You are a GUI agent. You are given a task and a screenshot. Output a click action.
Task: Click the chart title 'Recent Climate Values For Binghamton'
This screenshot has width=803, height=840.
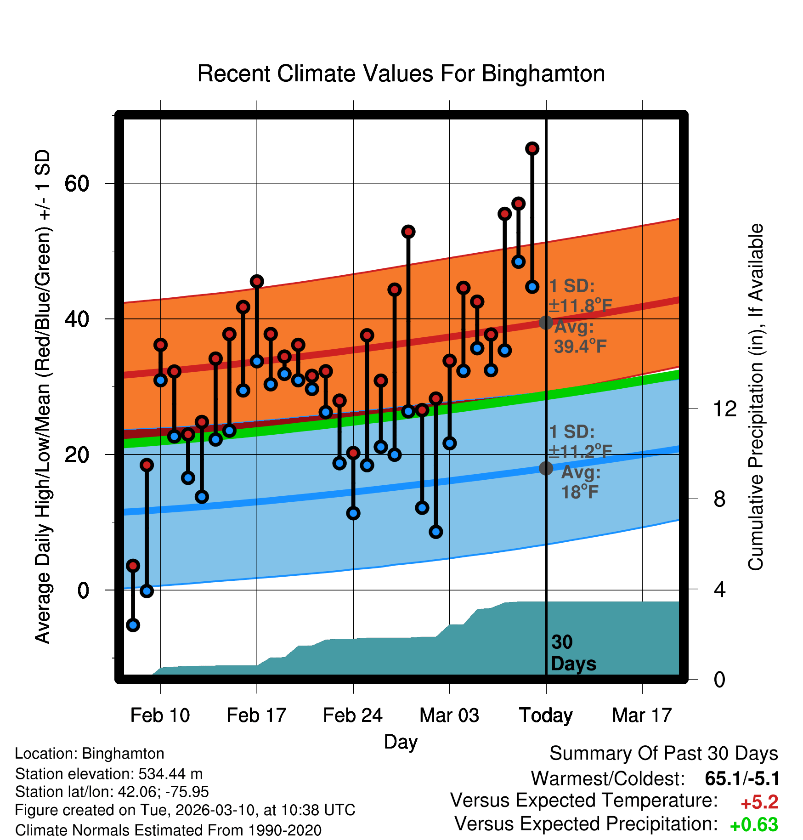pyautogui.click(x=401, y=74)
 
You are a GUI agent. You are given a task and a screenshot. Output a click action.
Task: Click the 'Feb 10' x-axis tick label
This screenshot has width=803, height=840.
pyautogui.click(x=160, y=715)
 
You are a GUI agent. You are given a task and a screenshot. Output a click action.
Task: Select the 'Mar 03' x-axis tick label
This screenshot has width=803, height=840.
pyautogui.click(x=449, y=715)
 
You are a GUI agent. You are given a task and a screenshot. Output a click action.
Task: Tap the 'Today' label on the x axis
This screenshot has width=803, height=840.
pyautogui.click(x=546, y=715)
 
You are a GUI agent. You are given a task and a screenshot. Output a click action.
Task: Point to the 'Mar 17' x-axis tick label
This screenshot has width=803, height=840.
pyautogui.click(x=642, y=715)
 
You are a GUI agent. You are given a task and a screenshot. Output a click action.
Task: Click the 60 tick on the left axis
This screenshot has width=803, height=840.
pyautogui.click(x=77, y=184)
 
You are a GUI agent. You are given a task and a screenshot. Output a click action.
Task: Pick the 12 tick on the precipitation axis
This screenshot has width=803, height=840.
pyautogui.click(x=724, y=409)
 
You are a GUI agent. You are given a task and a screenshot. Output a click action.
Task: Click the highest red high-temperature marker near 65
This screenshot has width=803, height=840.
pyautogui.click(x=532, y=148)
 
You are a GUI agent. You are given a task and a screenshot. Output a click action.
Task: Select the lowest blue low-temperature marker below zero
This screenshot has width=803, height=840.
pyautogui.click(x=133, y=625)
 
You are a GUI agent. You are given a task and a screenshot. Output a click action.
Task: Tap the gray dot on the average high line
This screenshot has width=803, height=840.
pyautogui.click(x=546, y=323)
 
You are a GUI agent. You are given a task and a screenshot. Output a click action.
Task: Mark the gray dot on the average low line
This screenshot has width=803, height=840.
pyautogui.click(x=546, y=468)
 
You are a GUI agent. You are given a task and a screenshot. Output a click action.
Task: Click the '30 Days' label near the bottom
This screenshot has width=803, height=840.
pyautogui.click(x=573, y=653)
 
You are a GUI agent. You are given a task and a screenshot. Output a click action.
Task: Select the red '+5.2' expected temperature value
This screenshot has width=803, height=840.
pyautogui.click(x=759, y=802)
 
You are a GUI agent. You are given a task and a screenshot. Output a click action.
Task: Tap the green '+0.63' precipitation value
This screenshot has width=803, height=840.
pyautogui.click(x=754, y=825)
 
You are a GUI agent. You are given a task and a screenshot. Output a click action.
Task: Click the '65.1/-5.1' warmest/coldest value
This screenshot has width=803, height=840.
pyautogui.click(x=742, y=779)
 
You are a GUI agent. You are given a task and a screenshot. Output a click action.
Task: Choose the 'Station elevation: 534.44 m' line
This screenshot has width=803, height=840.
pyautogui.click(x=109, y=774)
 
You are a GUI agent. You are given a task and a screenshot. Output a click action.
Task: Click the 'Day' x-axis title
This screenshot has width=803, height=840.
pyautogui.click(x=401, y=742)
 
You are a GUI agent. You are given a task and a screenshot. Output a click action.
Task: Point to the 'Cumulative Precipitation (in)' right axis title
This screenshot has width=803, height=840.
pyautogui.click(x=756, y=397)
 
